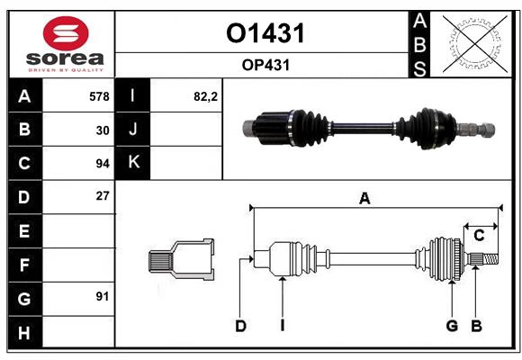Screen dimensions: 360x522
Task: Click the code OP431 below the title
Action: coord(264,65)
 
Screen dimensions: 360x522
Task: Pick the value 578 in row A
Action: coord(99,96)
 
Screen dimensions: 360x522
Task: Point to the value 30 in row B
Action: coord(102,130)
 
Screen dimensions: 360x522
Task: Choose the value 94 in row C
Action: coord(102,164)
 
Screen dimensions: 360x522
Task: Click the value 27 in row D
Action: coord(102,196)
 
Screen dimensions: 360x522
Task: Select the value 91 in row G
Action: coord(102,296)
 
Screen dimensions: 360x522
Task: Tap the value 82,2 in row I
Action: coord(206,96)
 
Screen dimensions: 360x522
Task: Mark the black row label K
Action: coord(133,163)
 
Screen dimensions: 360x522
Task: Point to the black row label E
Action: coord(24,231)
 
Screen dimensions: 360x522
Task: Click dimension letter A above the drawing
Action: coord(364,199)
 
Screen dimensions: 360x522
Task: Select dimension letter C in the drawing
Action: coord(479,235)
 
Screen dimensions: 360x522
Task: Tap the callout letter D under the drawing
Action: coord(240,326)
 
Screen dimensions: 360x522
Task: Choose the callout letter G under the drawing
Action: coord(452,326)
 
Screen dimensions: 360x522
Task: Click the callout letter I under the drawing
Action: coord(282,326)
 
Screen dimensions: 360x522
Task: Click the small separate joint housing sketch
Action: coord(181,259)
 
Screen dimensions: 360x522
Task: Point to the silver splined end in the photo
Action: coord(477,129)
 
